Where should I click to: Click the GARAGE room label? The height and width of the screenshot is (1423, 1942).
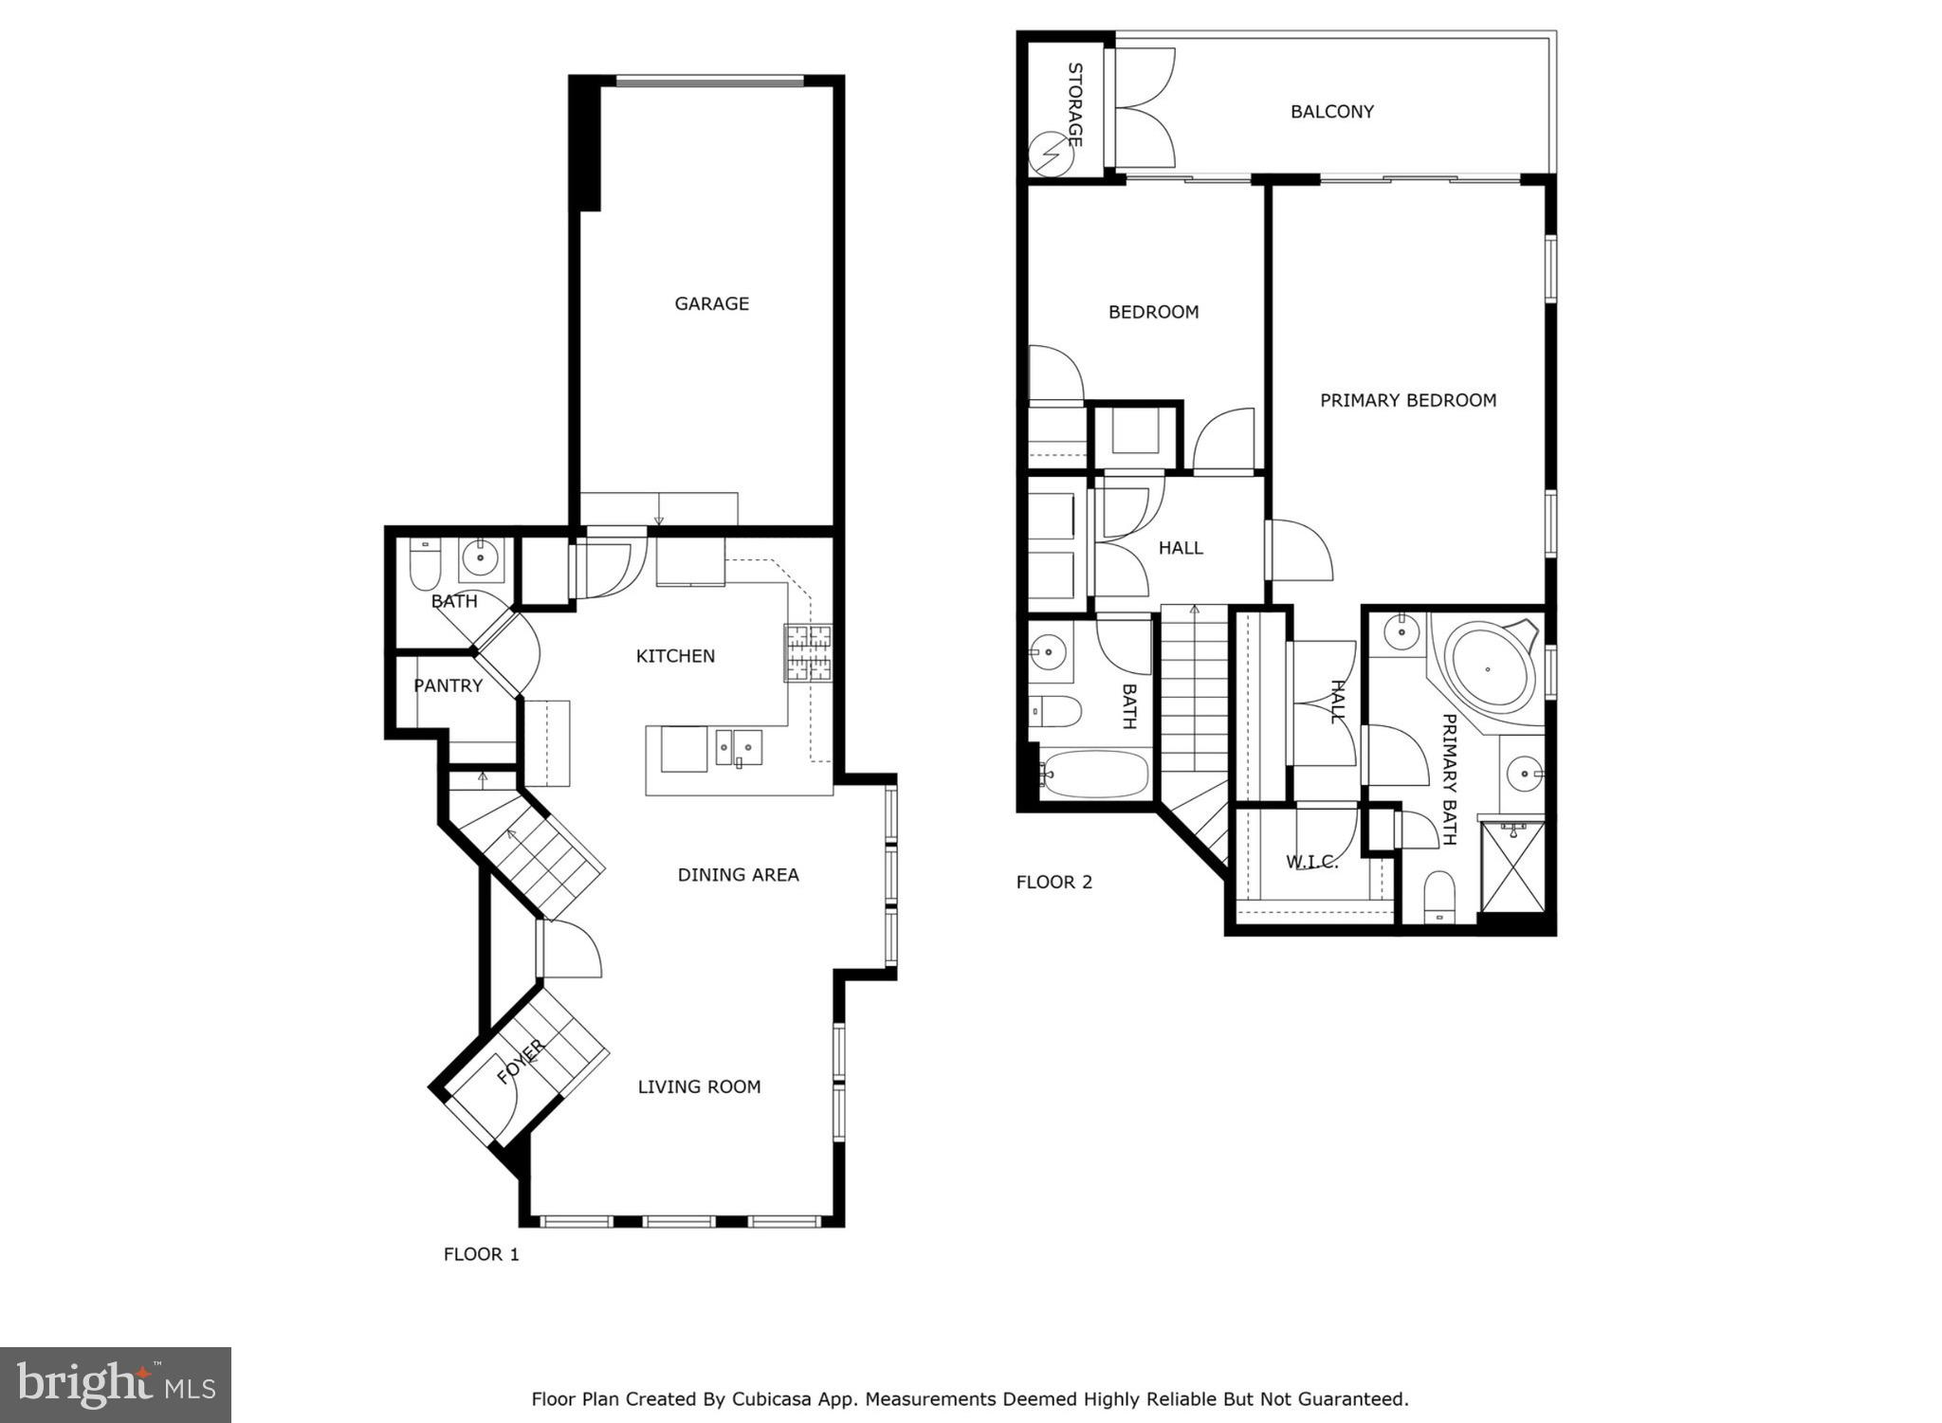711,303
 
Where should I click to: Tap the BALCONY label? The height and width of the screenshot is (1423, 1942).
1331,112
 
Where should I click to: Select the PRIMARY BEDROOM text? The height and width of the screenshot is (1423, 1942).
1407,400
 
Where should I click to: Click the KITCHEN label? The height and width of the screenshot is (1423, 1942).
675,656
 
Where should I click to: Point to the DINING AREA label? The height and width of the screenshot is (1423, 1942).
738,875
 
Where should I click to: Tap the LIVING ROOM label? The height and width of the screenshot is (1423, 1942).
699,1086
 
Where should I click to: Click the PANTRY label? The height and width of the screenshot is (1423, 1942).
448,685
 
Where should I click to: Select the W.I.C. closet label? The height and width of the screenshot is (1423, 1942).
1311,862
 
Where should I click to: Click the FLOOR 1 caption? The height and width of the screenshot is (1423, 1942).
482,1254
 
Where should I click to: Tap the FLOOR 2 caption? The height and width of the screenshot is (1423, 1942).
1053,882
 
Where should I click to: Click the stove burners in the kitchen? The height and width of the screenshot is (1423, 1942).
807,653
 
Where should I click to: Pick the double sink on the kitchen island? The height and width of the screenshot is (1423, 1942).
739,748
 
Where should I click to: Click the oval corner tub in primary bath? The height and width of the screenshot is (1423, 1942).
1489,667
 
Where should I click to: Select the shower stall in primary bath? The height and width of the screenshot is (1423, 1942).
1512,866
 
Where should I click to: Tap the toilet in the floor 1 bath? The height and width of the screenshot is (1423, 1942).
423,566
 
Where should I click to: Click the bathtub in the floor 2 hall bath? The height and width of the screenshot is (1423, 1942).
1095,775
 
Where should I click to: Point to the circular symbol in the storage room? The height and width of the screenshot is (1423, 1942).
1052,154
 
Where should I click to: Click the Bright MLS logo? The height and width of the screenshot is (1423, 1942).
115,1385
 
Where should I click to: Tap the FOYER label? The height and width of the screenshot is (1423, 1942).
521,1062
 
